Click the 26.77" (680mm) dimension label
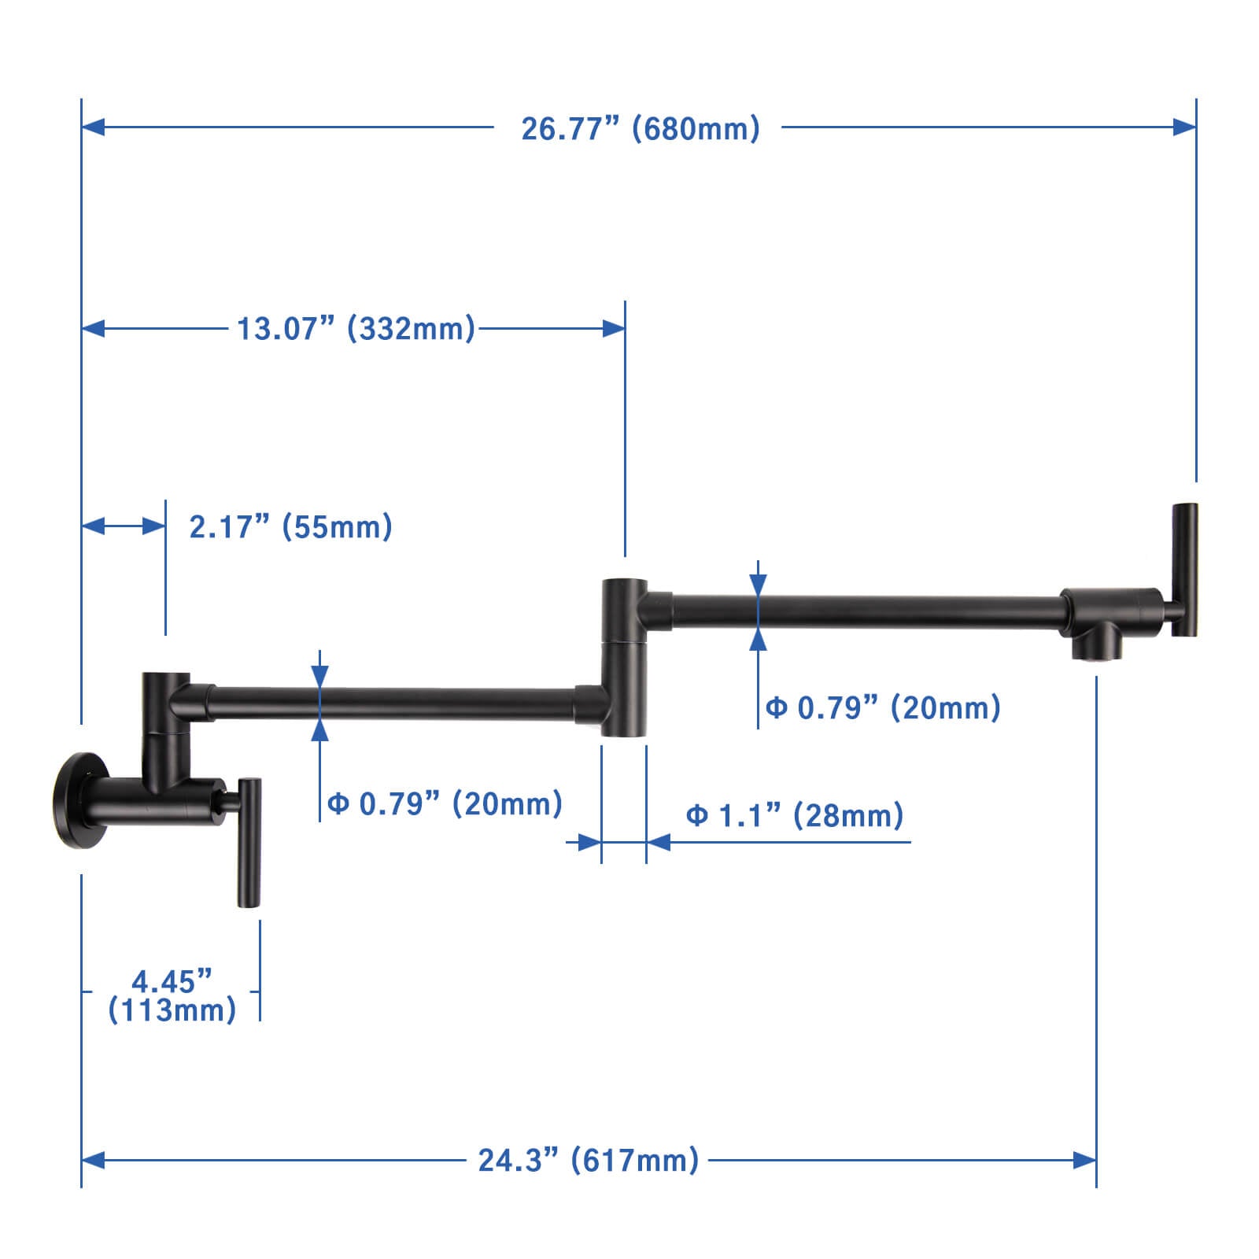(640, 128)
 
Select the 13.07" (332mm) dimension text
(356, 328)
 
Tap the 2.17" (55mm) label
(290, 526)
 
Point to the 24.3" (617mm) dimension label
(588, 1160)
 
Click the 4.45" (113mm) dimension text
(172, 995)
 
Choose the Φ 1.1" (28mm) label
(794, 815)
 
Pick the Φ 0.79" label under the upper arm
(883, 707)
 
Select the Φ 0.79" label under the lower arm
(445, 803)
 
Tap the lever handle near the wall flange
(249, 842)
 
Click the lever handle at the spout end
(1184, 569)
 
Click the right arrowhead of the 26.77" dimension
(1184, 127)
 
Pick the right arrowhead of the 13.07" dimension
(614, 328)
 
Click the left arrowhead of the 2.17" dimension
(94, 526)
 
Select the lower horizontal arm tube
(393, 703)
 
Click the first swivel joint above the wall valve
(165, 704)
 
